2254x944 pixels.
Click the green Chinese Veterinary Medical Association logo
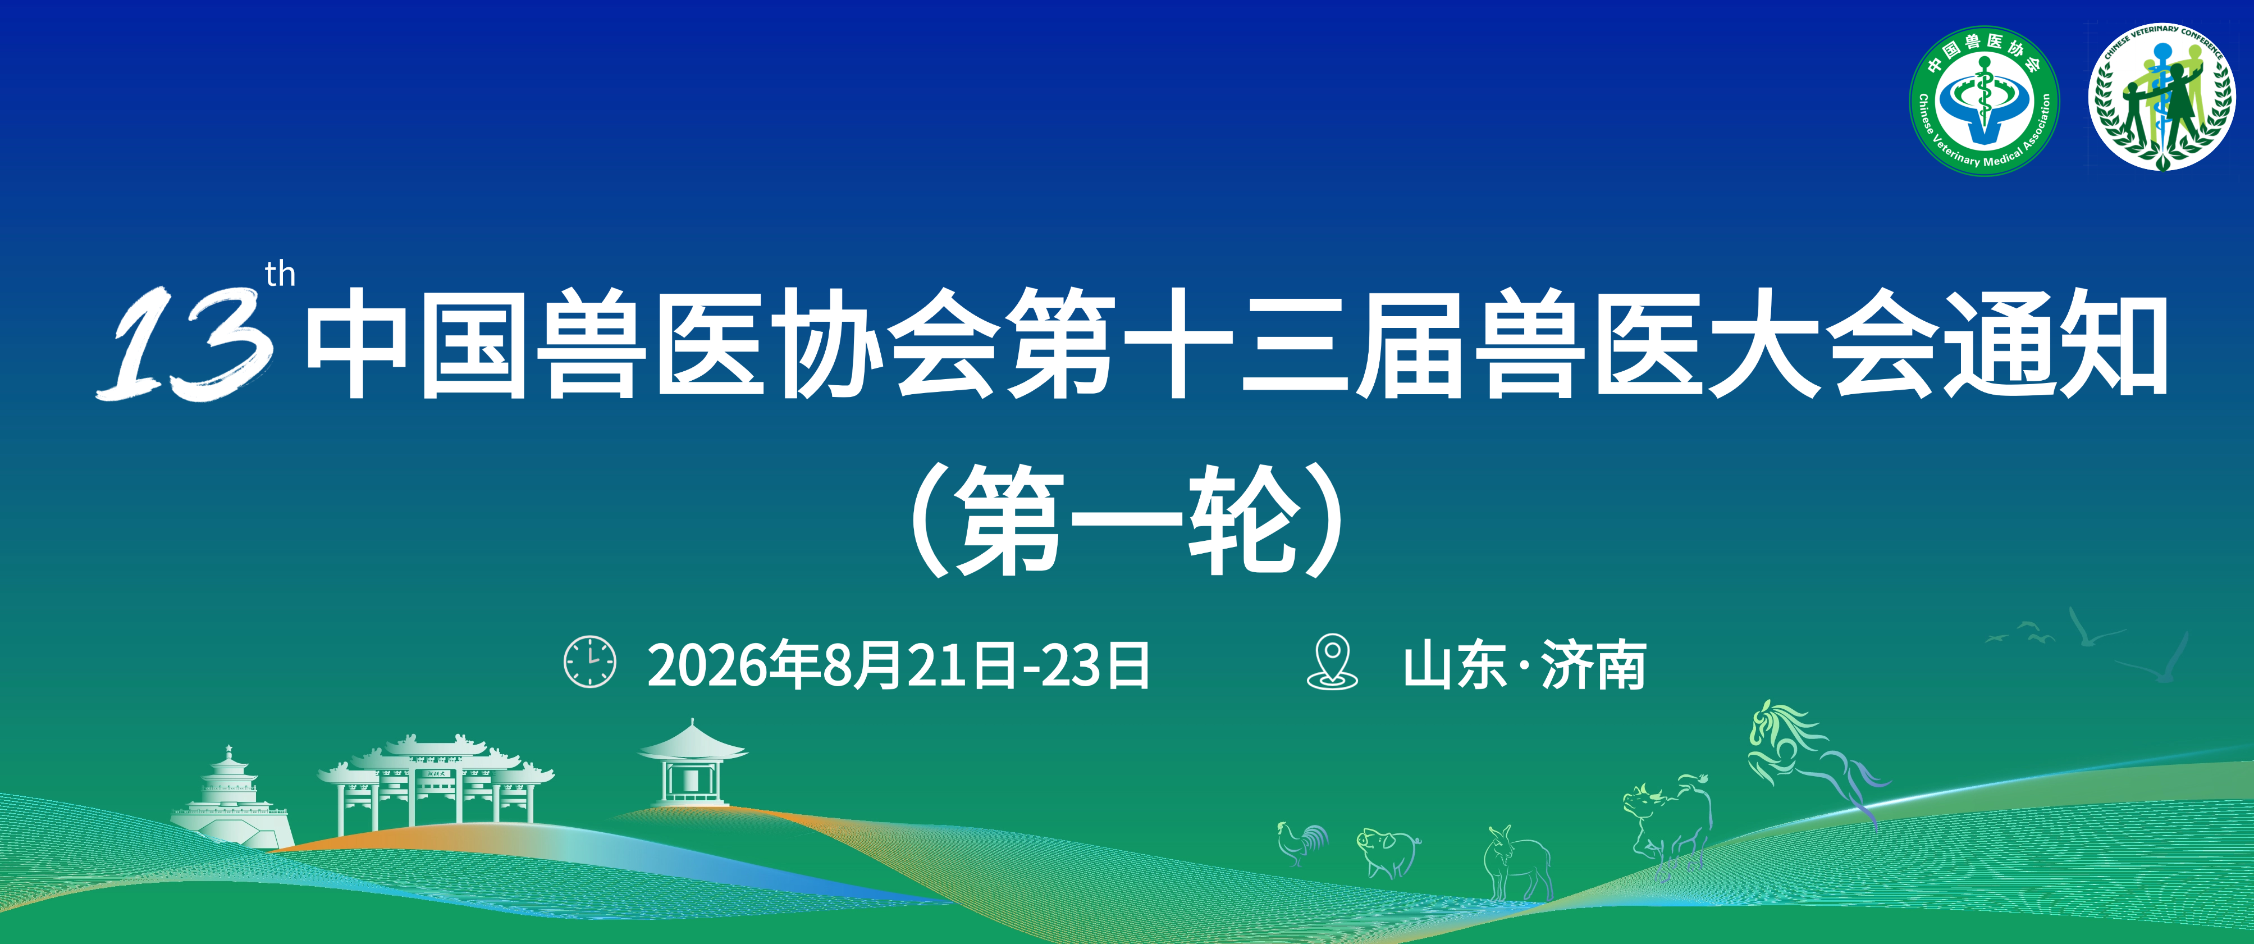click(x=1983, y=100)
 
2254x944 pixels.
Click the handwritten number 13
click(x=184, y=343)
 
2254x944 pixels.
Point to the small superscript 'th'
click(x=280, y=275)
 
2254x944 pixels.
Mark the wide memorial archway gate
click(x=435, y=783)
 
